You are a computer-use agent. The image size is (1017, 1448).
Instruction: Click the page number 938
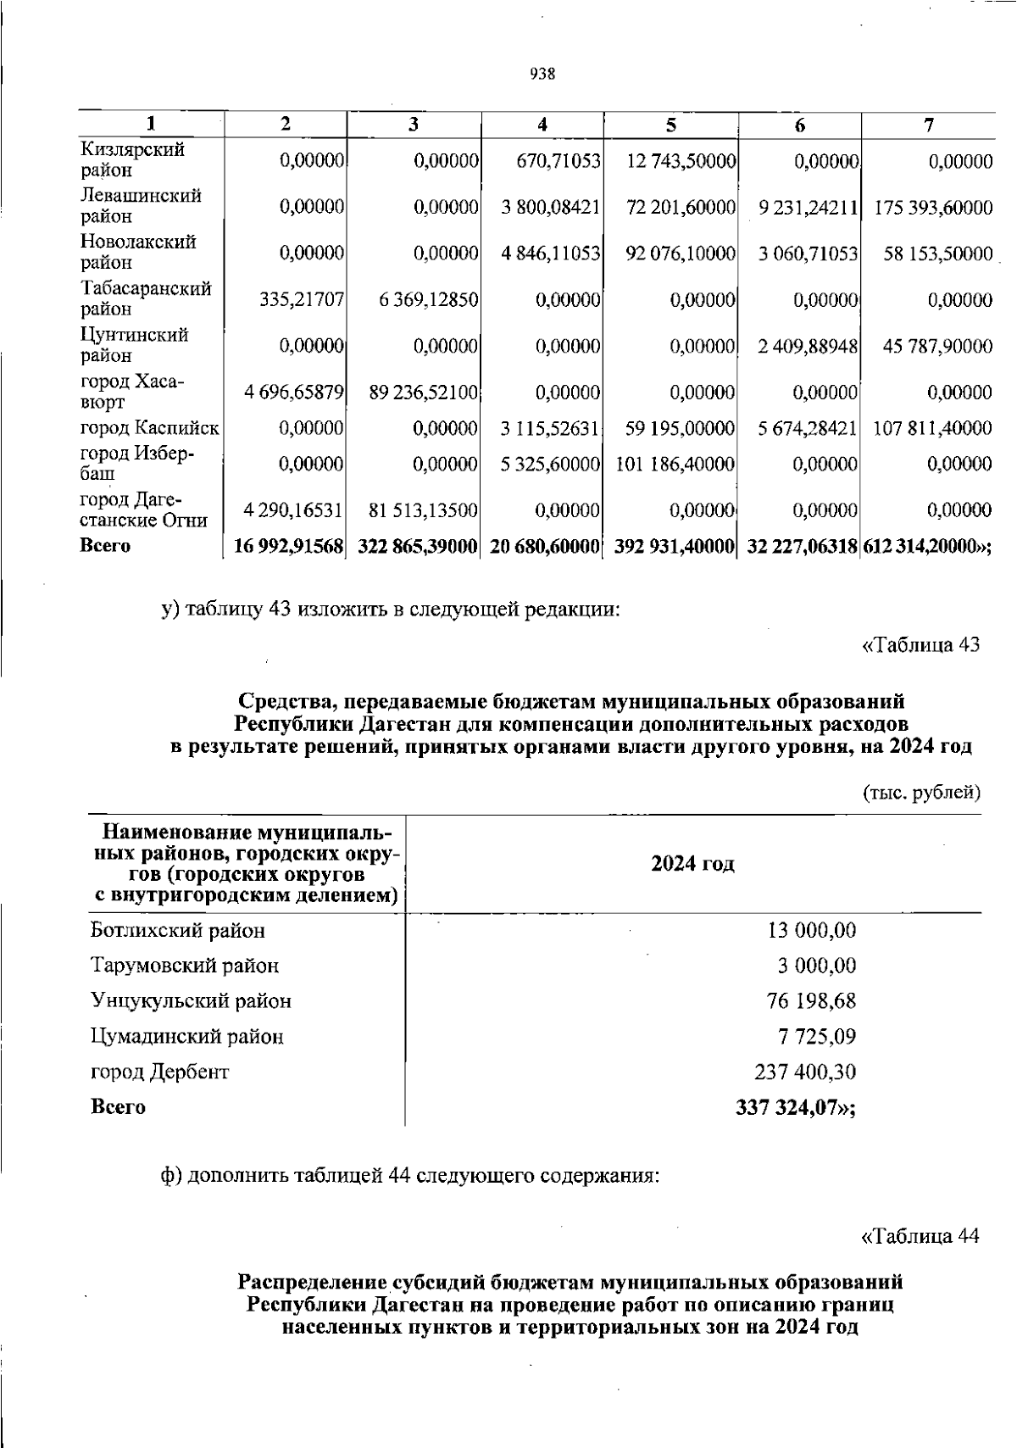point(542,74)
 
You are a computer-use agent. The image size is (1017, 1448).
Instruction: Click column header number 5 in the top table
point(670,125)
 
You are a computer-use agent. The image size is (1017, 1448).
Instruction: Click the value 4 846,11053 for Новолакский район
point(551,253)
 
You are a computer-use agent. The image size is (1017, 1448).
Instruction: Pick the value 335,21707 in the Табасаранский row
point(293,300)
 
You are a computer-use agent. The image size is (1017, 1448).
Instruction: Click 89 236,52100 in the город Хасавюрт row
point(425,393)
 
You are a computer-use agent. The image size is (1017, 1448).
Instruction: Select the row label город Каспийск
point(149,429)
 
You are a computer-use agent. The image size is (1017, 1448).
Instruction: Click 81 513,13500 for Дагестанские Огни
point(424,510)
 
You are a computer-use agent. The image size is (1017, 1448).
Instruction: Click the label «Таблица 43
point(920,645)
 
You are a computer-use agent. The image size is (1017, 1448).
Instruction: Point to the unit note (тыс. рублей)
point(921,794)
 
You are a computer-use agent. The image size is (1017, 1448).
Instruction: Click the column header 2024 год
point(692,864)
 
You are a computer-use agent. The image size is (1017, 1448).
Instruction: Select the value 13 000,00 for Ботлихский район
point(811,931)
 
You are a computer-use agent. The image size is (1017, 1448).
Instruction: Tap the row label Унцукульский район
point(191,1001)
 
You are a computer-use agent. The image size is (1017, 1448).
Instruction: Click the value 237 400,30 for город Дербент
point(804,1072)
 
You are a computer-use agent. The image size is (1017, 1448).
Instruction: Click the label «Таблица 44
point(920,1236)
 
